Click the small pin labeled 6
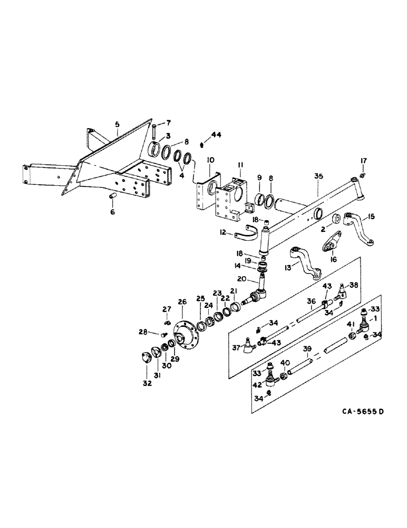point(112,197)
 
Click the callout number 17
point(363,161)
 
